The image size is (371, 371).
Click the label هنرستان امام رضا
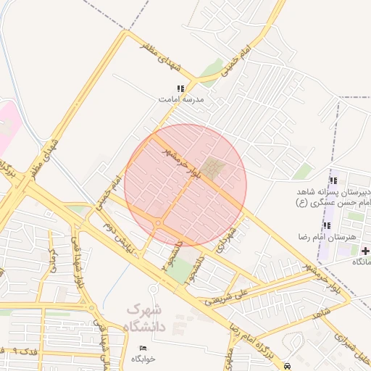point(315,237)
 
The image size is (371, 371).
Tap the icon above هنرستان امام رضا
point(326,226)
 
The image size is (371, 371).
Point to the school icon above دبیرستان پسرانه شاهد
point(333,180)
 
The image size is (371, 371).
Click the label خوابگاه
point(143,359)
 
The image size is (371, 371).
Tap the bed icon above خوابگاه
point(142,349)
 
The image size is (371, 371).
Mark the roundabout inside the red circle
point(158,224)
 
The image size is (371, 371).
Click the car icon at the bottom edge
point(288,366)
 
